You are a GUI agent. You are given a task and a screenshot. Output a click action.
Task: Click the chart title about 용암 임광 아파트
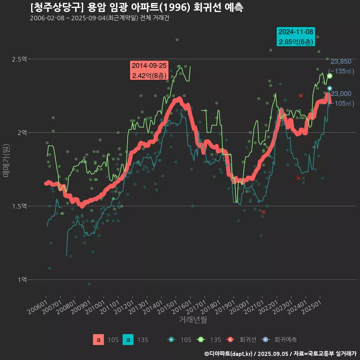[137, 7]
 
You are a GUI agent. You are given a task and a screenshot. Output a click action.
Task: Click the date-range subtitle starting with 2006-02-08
[99, 18]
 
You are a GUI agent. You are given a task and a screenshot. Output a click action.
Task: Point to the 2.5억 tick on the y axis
[19, 59]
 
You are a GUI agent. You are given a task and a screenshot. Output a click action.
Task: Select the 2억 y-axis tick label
[22, 133]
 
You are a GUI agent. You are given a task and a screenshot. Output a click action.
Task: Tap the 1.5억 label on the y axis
[19, 206]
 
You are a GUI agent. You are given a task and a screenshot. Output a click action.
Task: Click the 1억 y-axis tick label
[22, 280]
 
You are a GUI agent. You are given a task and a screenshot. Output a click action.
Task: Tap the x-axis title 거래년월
[193, 319]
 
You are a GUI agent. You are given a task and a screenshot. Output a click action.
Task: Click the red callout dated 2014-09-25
[149, 70]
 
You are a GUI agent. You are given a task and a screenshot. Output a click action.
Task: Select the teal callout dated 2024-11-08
[296, 37]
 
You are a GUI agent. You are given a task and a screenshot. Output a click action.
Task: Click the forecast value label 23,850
[341, 61]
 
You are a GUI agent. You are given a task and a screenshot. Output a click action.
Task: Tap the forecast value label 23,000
[341, 94]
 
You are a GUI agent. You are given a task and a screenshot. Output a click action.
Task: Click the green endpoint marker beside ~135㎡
[330, 76]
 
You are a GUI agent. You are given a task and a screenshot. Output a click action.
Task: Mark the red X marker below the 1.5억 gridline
[264, 212]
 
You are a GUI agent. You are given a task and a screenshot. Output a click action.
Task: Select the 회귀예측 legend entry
[281, 340]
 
